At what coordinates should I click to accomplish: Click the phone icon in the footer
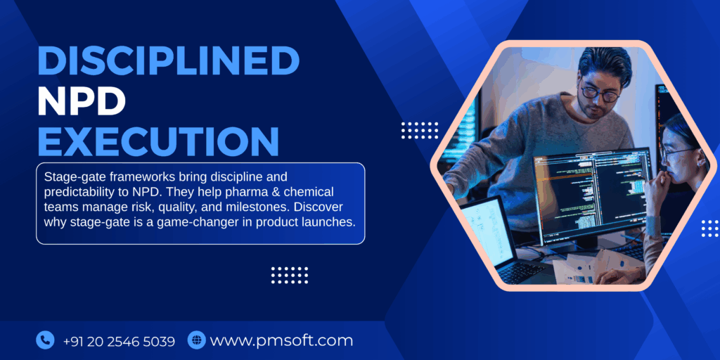(45, 340)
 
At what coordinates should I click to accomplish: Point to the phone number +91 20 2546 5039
(119, 341)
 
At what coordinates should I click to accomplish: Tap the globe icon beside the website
(197, 340)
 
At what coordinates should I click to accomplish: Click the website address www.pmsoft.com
(281, 341)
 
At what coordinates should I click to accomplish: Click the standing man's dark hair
(605, 63)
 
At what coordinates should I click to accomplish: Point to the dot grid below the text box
(290, 274)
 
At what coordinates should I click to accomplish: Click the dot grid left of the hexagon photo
(420, 130)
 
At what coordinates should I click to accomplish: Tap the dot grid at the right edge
(709, 228)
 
